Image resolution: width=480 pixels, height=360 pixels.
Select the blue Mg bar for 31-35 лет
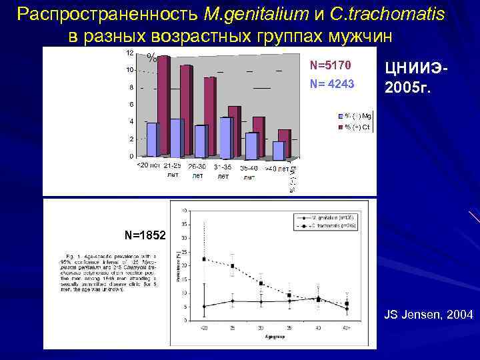pyautogui.click(x=226, y=137)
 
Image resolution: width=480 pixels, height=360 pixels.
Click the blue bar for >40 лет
pyautogui.click(x=278, y=151)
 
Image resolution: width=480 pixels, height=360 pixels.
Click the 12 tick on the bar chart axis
pyautogui.click(x=129, y=52)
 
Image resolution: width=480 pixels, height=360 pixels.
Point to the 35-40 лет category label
pyautogui.click(x=249, y=172)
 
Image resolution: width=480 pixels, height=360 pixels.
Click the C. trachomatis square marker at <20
pyautogui.click(x=203, y=259)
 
